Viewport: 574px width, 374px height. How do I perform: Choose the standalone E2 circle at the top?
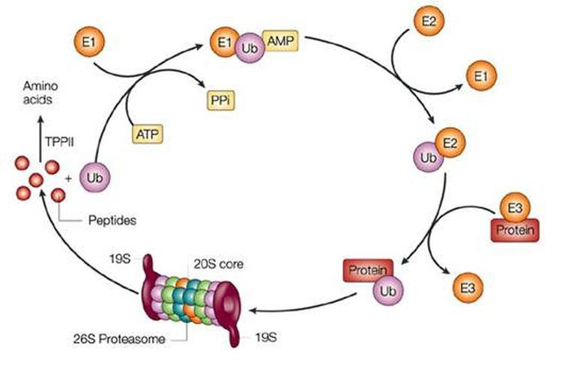[423, 22]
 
